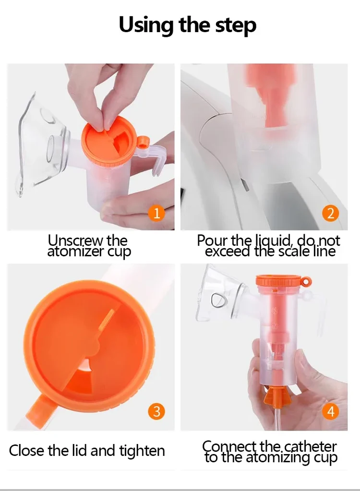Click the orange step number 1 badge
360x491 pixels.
point(156,214)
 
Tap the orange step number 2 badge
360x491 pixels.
point(331,213)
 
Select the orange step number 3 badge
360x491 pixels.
point(156,411)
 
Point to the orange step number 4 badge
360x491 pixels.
point(331,411)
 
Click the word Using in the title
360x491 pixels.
point(145,25)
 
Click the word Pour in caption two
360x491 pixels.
point(213,240)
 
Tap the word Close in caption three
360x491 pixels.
point(26,451)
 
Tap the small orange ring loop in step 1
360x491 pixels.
point(143,142)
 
